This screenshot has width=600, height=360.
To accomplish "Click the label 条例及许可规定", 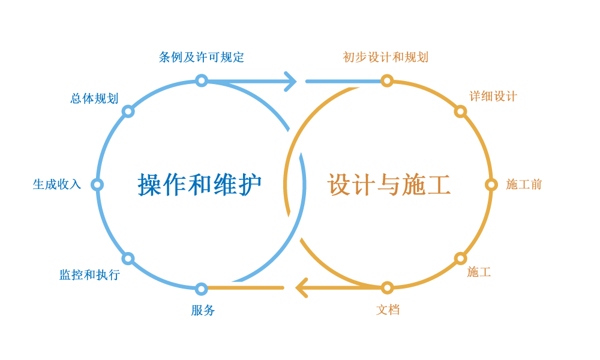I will [x=202, y=58].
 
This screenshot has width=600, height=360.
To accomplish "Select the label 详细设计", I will [x=493, y=97].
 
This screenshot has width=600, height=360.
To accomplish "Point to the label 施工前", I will [x=524, y=185].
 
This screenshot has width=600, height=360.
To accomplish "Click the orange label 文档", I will [x=388, y=310].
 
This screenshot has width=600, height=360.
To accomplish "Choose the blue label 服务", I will [x=202, y=310].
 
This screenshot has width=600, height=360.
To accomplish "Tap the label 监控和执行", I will [x=89, y=275].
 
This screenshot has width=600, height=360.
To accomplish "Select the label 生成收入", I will [x=56, y=185].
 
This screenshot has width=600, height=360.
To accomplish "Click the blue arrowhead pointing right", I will [x=290, y=80].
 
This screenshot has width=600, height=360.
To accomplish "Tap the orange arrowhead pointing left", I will [x=302, y=288].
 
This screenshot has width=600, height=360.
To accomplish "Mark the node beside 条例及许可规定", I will [x=202, y=80].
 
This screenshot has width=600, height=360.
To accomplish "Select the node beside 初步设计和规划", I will [x=387, y=80].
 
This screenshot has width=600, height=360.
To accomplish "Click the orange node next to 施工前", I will [x=491, y=185].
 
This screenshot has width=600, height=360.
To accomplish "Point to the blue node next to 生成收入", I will [x=98, y=185].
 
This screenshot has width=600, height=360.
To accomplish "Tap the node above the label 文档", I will [x=387, y=288].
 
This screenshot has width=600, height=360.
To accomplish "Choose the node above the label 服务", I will [x=202, y=288].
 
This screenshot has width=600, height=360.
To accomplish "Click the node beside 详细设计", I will [x=460, y=111].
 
